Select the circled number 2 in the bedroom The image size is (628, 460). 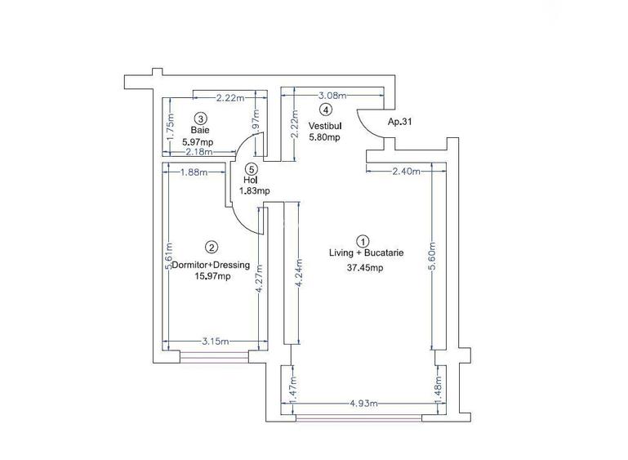point(212,248)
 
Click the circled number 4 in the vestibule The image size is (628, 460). point(325,109)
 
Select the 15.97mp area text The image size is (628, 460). point(212,276)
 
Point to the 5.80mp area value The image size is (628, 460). point(324,137)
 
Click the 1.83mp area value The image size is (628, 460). point(254,191)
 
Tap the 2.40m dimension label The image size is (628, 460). point(406,172)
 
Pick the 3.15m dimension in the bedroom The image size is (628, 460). point(215,342)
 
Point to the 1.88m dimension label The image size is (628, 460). point(193,172)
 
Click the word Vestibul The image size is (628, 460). point(324,126)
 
